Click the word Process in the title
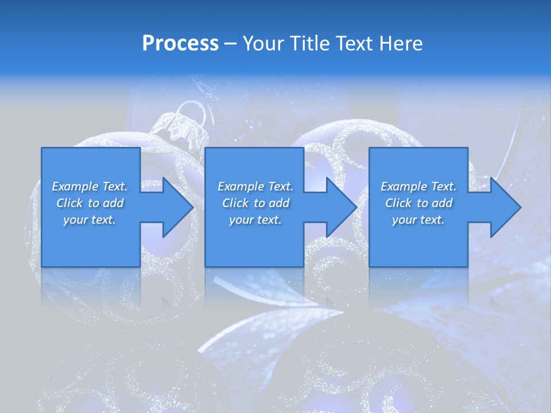coord(180,43)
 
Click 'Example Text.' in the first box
coord(90,186)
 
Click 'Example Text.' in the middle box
coord(255,186)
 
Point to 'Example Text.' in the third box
coord(418,186)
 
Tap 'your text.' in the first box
coord(90,220)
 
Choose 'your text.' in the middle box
coord(255,220)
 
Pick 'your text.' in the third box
coord(418,220)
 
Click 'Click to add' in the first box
coord(90,203)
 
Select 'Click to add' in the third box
coord(418,203)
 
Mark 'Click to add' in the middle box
coord(255,203)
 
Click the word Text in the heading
coord(355,43)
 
